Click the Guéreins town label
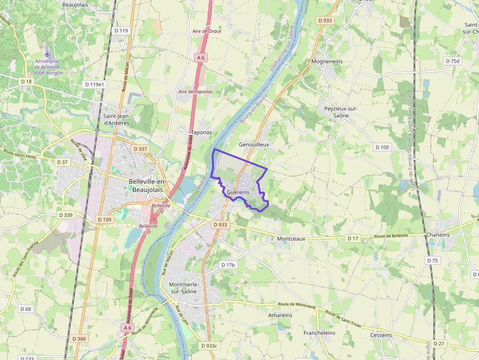coord(238,192)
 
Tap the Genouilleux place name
coord(254,145)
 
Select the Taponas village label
coord(201,132)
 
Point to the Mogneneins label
coord(327,62)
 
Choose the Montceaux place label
coord(291,239)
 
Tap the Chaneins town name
coord(438,235)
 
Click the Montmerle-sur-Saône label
coord(182,288)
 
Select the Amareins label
coord(280,316)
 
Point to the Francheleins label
coord(319,333)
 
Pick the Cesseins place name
coord(381,335)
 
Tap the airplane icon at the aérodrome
coord(47,52)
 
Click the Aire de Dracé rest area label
coord(207,31)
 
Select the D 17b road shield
coord(228,265)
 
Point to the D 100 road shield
coord(382,147)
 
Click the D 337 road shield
coord(140,148)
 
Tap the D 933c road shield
coord(211,346)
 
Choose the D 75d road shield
coord(453,61)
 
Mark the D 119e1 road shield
coord(94,84)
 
